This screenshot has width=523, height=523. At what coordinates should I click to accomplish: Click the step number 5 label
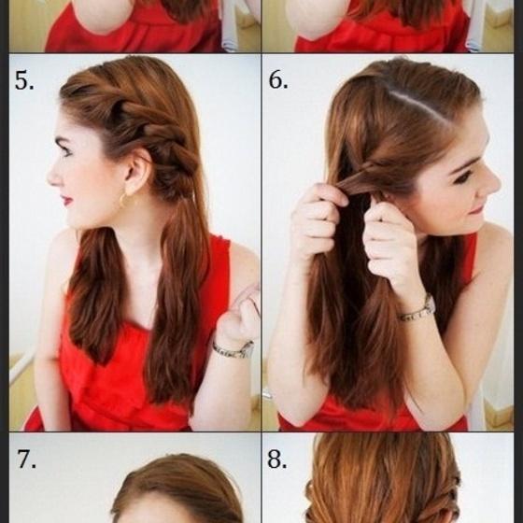(24, 80)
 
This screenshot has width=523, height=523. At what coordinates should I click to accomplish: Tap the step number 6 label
(278, 80)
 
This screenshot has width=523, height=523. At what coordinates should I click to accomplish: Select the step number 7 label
(26, 459)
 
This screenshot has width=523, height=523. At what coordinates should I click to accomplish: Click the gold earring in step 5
(122, 200)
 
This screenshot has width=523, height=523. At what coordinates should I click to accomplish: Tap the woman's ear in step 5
(135, 173)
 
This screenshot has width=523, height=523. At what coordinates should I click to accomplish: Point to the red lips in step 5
(66, 200)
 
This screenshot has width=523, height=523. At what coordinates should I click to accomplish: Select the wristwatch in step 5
(233, 349)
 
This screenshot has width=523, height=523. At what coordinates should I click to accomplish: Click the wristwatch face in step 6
(430, 304)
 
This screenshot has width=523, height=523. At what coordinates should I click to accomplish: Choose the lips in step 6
(476, 211)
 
